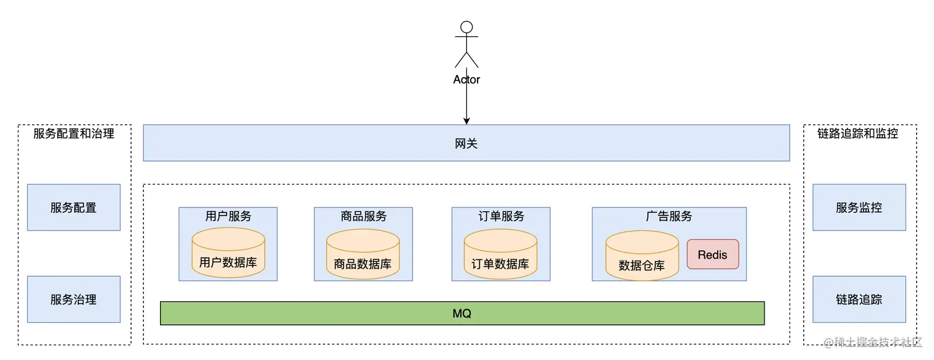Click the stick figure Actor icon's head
(466, 27)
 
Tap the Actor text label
(466, 80)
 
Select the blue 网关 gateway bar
(466, 143)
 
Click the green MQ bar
(462, 313)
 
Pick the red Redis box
(712, 254)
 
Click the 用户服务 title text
(228, 216)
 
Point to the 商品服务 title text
(363, 216)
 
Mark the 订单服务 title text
(501, 216)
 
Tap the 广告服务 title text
(669, 216)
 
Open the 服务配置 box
(74, 207)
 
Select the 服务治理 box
(74, 299)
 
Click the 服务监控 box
(859, 207)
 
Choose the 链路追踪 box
(859, 299)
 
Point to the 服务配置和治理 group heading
(74, 133)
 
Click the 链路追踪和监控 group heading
(857, 133)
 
